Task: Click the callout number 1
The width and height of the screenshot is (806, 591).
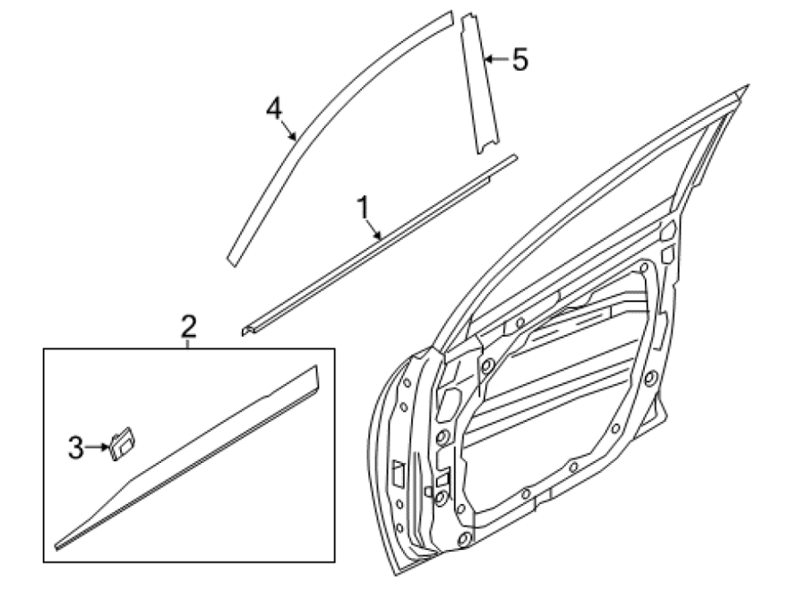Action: click(x=364, y=207)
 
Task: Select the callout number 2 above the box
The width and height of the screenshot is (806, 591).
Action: click(x=189, y=326)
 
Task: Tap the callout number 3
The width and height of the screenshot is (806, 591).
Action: click(x=75, y=448)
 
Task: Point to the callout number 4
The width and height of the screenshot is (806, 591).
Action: click(x=274, y=108)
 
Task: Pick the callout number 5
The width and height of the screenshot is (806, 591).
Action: click(x=520, y=59)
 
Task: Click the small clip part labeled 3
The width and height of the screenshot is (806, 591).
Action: click(x=122, y=443)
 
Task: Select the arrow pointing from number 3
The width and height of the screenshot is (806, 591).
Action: click(x=98, y=447)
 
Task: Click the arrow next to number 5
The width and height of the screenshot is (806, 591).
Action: click(x=496, y=59)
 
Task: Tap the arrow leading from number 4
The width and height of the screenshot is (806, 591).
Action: click(x=288, y=130)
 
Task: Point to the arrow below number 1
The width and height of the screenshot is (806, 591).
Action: click(x=373, y=228)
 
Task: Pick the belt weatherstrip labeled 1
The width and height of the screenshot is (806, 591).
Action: click(x=381, y=245)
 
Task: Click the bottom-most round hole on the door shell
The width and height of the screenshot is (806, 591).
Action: click(x=464, y=539)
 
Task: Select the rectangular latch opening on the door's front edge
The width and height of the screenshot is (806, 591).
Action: click(x=399, y=473)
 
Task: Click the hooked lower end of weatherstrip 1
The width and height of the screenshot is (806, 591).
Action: click(x=247, y=330)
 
